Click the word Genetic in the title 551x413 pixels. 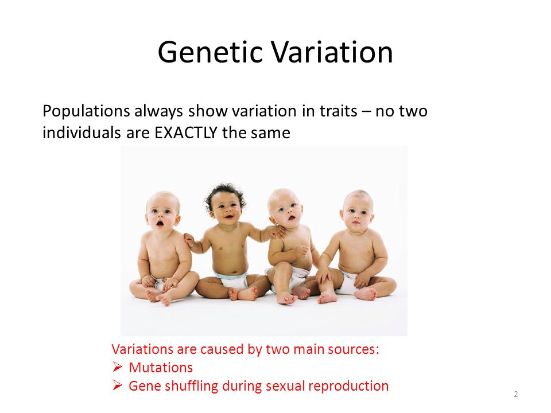coord(210,52)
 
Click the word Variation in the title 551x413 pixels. coord(332,52)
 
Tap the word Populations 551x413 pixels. coord(86,111)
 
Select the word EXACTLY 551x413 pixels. coord(186,133)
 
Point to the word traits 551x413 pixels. coord(338,111)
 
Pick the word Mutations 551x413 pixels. coord(161,367)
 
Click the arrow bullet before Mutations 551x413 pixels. coord(117,367)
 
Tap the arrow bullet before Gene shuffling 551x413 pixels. coord(117,385)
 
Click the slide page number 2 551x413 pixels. coord(515,394)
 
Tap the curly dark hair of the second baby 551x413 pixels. coord(225,193)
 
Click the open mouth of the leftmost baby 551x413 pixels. coord(160,223)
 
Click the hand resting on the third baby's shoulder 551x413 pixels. coord(277,231)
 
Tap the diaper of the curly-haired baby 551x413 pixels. coord(232,280)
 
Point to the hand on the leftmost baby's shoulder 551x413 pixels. coord(189,240)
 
